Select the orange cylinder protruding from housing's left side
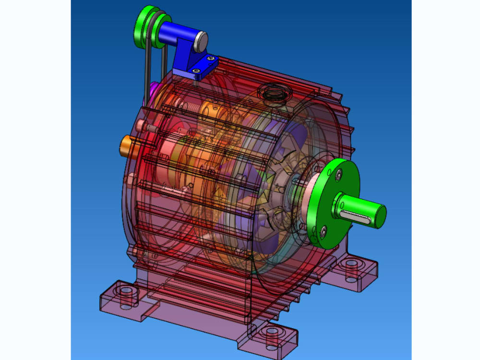click(127, 144)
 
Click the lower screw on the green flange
click(325, 232)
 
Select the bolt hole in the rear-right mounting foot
click(353, 264)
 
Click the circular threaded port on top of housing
click(272, 93)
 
